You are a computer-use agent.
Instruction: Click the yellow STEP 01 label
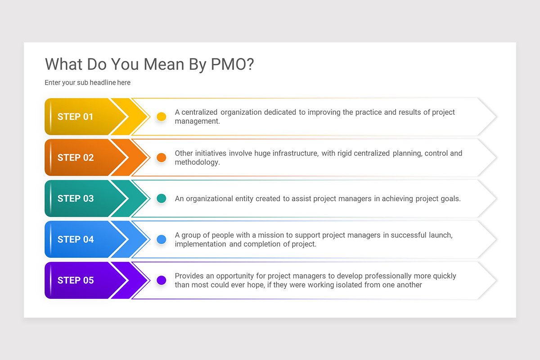coord(75,117)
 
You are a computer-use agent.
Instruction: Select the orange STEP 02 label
coord(75,157)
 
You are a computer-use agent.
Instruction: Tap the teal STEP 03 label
coord(75,198)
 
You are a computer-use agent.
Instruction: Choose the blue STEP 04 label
coord(75,239)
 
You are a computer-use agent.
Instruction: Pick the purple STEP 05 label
coord(75,280)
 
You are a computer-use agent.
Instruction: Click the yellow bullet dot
coord(161,117)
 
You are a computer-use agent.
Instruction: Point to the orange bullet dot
coord(161,157)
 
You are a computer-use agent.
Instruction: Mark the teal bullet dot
coord(161,198)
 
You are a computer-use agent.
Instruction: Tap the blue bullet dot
coord(161,239)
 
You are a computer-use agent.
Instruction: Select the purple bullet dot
coord(161,280)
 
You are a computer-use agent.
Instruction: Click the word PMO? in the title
coord(232,64)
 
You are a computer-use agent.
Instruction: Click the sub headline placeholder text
coord(87,82)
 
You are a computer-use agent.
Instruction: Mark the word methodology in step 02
coord(197,162)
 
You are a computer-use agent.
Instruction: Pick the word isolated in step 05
coord(321,284)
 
